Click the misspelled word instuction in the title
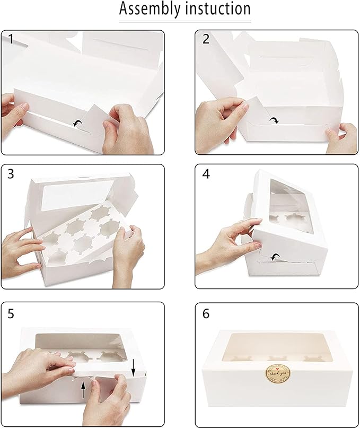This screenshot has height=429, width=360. [x=216, y=9]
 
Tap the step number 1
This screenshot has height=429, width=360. [x=11, y=39]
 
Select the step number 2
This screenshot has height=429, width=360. [x=206, y=39]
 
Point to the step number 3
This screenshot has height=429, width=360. [x=11, y=174]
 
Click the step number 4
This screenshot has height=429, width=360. [x=206, y=174]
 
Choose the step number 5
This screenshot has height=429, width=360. [x=11, y=313]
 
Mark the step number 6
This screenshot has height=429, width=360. [x=206, y=313]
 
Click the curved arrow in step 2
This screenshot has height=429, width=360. [x=274, y=121]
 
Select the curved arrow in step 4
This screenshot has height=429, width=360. [x=275, y=257]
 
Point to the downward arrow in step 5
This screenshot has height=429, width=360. [x=133, y=365]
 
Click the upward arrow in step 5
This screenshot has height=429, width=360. [x=83, y=391]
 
